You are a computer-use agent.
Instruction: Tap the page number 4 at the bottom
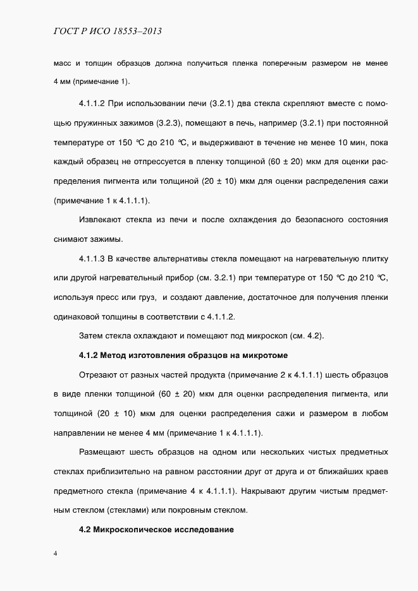(x=55, y=554)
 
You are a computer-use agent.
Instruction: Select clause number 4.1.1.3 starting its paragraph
(x=95, y=260)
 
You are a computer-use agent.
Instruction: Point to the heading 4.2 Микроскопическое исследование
(x=157, y=530)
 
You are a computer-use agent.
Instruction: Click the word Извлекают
(x=101, y=220)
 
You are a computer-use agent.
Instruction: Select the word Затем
(x=91, y=335)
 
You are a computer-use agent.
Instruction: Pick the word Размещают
(x=102, y=452)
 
